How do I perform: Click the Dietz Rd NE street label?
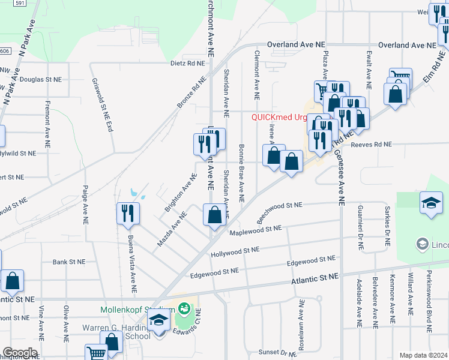pyautogui.click(x=188, y=62)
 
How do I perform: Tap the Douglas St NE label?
pyautogui.click(x=41, y=79)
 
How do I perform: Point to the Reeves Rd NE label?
pyautogui.click(x=371, y=145)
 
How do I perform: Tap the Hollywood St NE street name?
pyautogui.click(x=235, y=252)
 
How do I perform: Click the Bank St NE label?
pyautogui.click(x=69, y=262)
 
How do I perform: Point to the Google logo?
pyautogui.click(x=19, y=353)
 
